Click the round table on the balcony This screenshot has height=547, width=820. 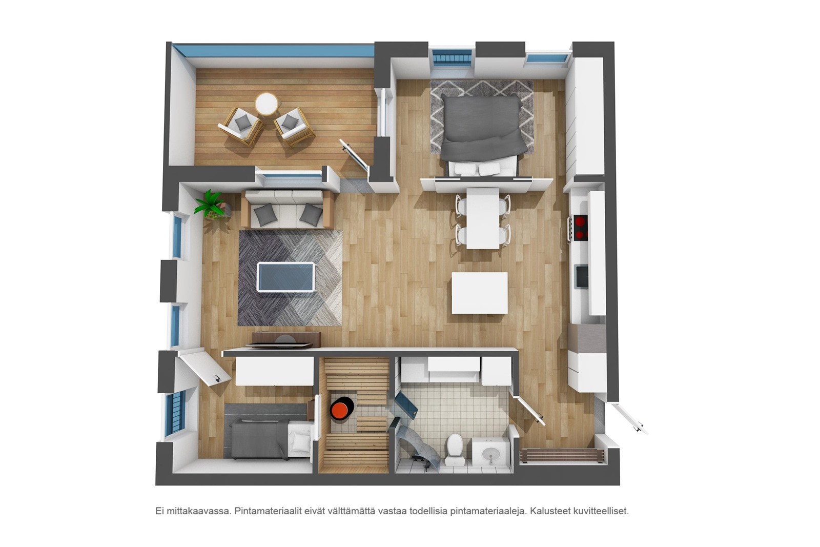266,104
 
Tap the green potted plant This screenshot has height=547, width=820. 210,205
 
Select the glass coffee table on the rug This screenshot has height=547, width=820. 285,277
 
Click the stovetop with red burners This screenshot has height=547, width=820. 581,228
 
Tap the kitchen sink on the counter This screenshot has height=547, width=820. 582,276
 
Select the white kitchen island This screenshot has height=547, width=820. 480,293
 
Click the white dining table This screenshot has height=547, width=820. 483,218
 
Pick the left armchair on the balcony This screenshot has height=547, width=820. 241,126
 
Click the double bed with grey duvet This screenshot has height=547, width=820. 483,134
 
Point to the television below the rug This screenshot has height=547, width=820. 280,344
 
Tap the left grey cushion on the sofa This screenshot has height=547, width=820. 265,215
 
